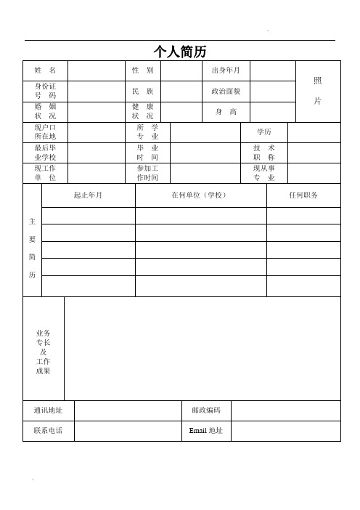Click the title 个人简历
tap(180, 51)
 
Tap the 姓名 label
tap(45, 70)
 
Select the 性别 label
tap(142, 70)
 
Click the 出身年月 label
tap(226, 70)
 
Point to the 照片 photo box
tap(318, 91)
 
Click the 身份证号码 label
tap(45, 91)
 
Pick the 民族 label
tap(142, 92)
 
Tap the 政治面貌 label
tap(226, 92)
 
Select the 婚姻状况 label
tap(45, 111)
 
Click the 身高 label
tap(226, 112)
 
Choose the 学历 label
tap(264, 132)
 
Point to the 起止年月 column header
tap(89, 195)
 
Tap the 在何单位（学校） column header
tap(200, 195)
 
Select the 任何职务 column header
tap(303, 195)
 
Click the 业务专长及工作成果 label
tap(44, 352)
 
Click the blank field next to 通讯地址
tap(127, 410)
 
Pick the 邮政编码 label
tap(206, 410)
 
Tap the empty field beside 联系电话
tap(127, 431)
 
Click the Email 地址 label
tap(206, 431)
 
